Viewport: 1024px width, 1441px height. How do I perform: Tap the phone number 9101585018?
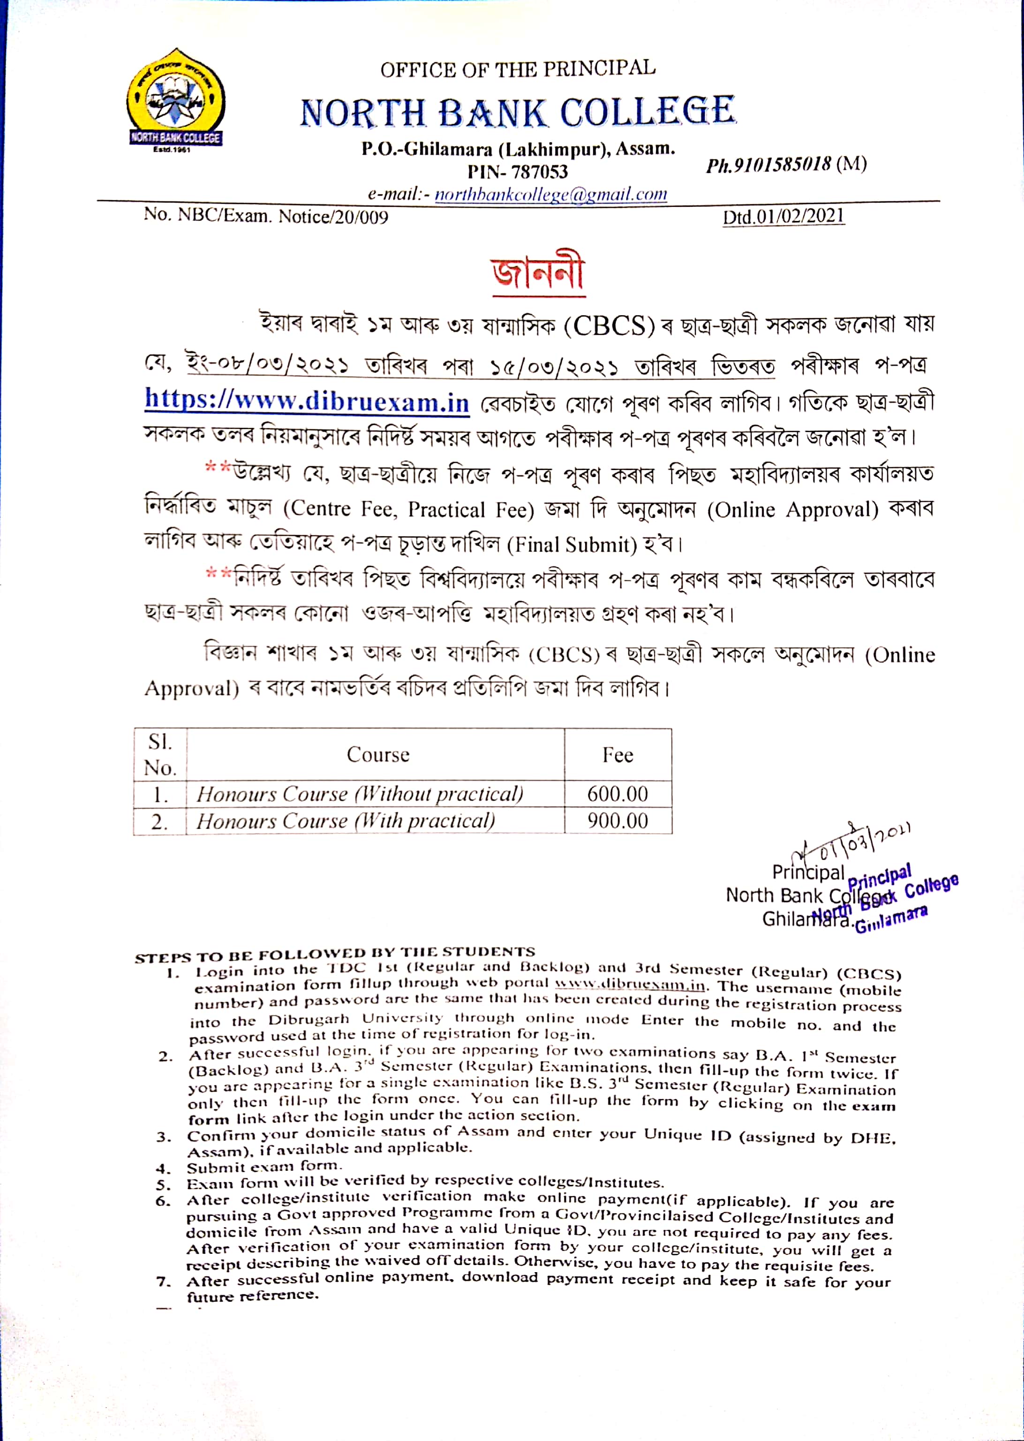pyautogui.click(x=769, y=165)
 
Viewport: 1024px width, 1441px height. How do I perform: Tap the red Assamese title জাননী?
pyautogui.click(x=538, y=273)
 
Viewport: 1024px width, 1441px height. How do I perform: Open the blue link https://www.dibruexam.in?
pyautogui.click(x=307, y=401)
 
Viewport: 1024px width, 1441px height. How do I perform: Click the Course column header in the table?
pyautogui.click(x=378, y=754)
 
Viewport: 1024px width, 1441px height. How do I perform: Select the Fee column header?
pyautogui.click(x=617, y=754)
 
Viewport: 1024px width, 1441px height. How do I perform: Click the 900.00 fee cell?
pyautogui.click(x=617, y=820)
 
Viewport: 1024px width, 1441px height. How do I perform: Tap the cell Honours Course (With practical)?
pyautogui.click(x=345, y=820)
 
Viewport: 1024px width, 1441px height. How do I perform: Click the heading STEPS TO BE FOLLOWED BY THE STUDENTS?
pyautogui.click(x=335, y=954)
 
